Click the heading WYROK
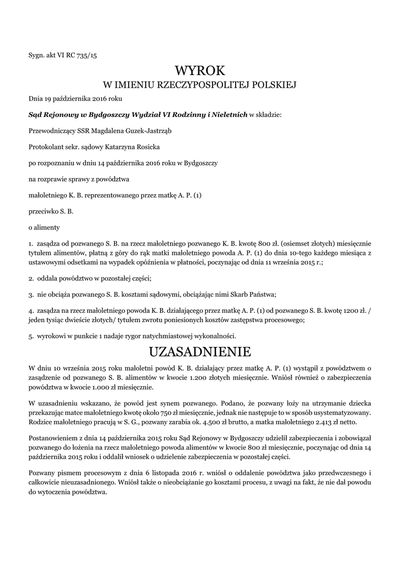[200, 71]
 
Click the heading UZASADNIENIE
[200, 351]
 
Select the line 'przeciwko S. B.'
[51, 211]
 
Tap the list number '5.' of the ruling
[31, 335]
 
